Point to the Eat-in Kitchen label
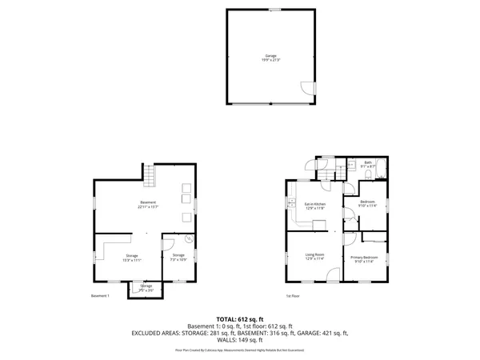pyautogui.click(x=314, y=206)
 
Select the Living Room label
pyautogui.click(x=314, y=257)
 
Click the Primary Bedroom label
pyautogui.click(x=364, y=257)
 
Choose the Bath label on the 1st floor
pyautogui.click(x=368, y=164)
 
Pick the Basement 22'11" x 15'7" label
pyautogui.click(x=148, y=205)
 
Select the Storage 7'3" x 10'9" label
pyautogui.click(x=178, y=257)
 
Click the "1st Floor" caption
pyautogui.click(x=294, y=295)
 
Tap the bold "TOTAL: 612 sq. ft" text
pyautogui.click(x=240, y=319)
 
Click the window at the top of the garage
pyautogui.click(x=274, y=10)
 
